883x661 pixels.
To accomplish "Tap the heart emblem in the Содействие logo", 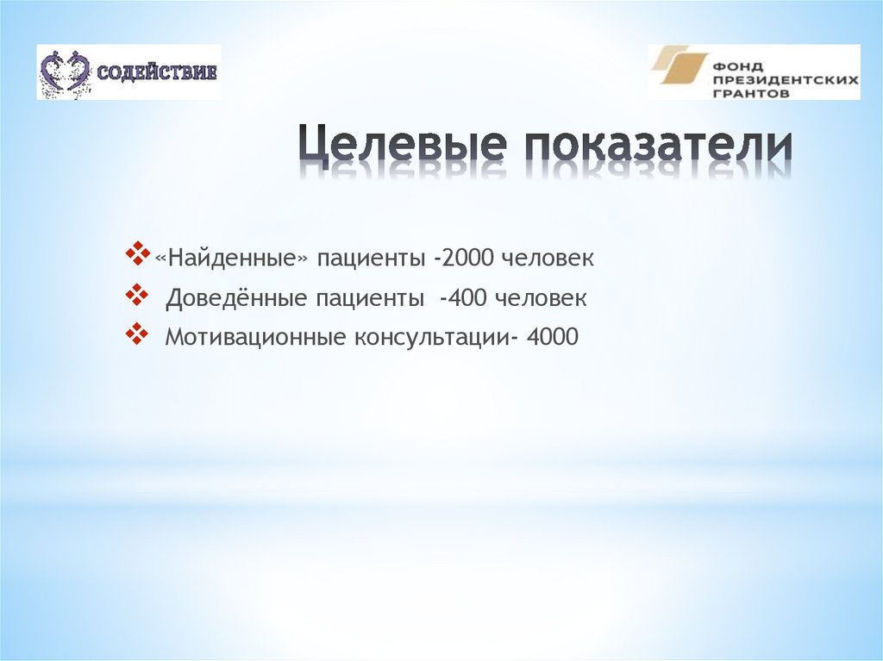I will coord(66,72).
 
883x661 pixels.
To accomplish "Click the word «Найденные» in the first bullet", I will coord(231,259).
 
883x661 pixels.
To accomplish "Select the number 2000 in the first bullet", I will coord(467,259).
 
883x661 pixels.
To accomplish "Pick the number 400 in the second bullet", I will coord(466,299).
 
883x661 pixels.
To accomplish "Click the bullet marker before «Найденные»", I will coord(137,255).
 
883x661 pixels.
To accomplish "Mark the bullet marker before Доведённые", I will coord(137,296).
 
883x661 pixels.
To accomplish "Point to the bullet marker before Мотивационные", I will coord(137,334).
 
